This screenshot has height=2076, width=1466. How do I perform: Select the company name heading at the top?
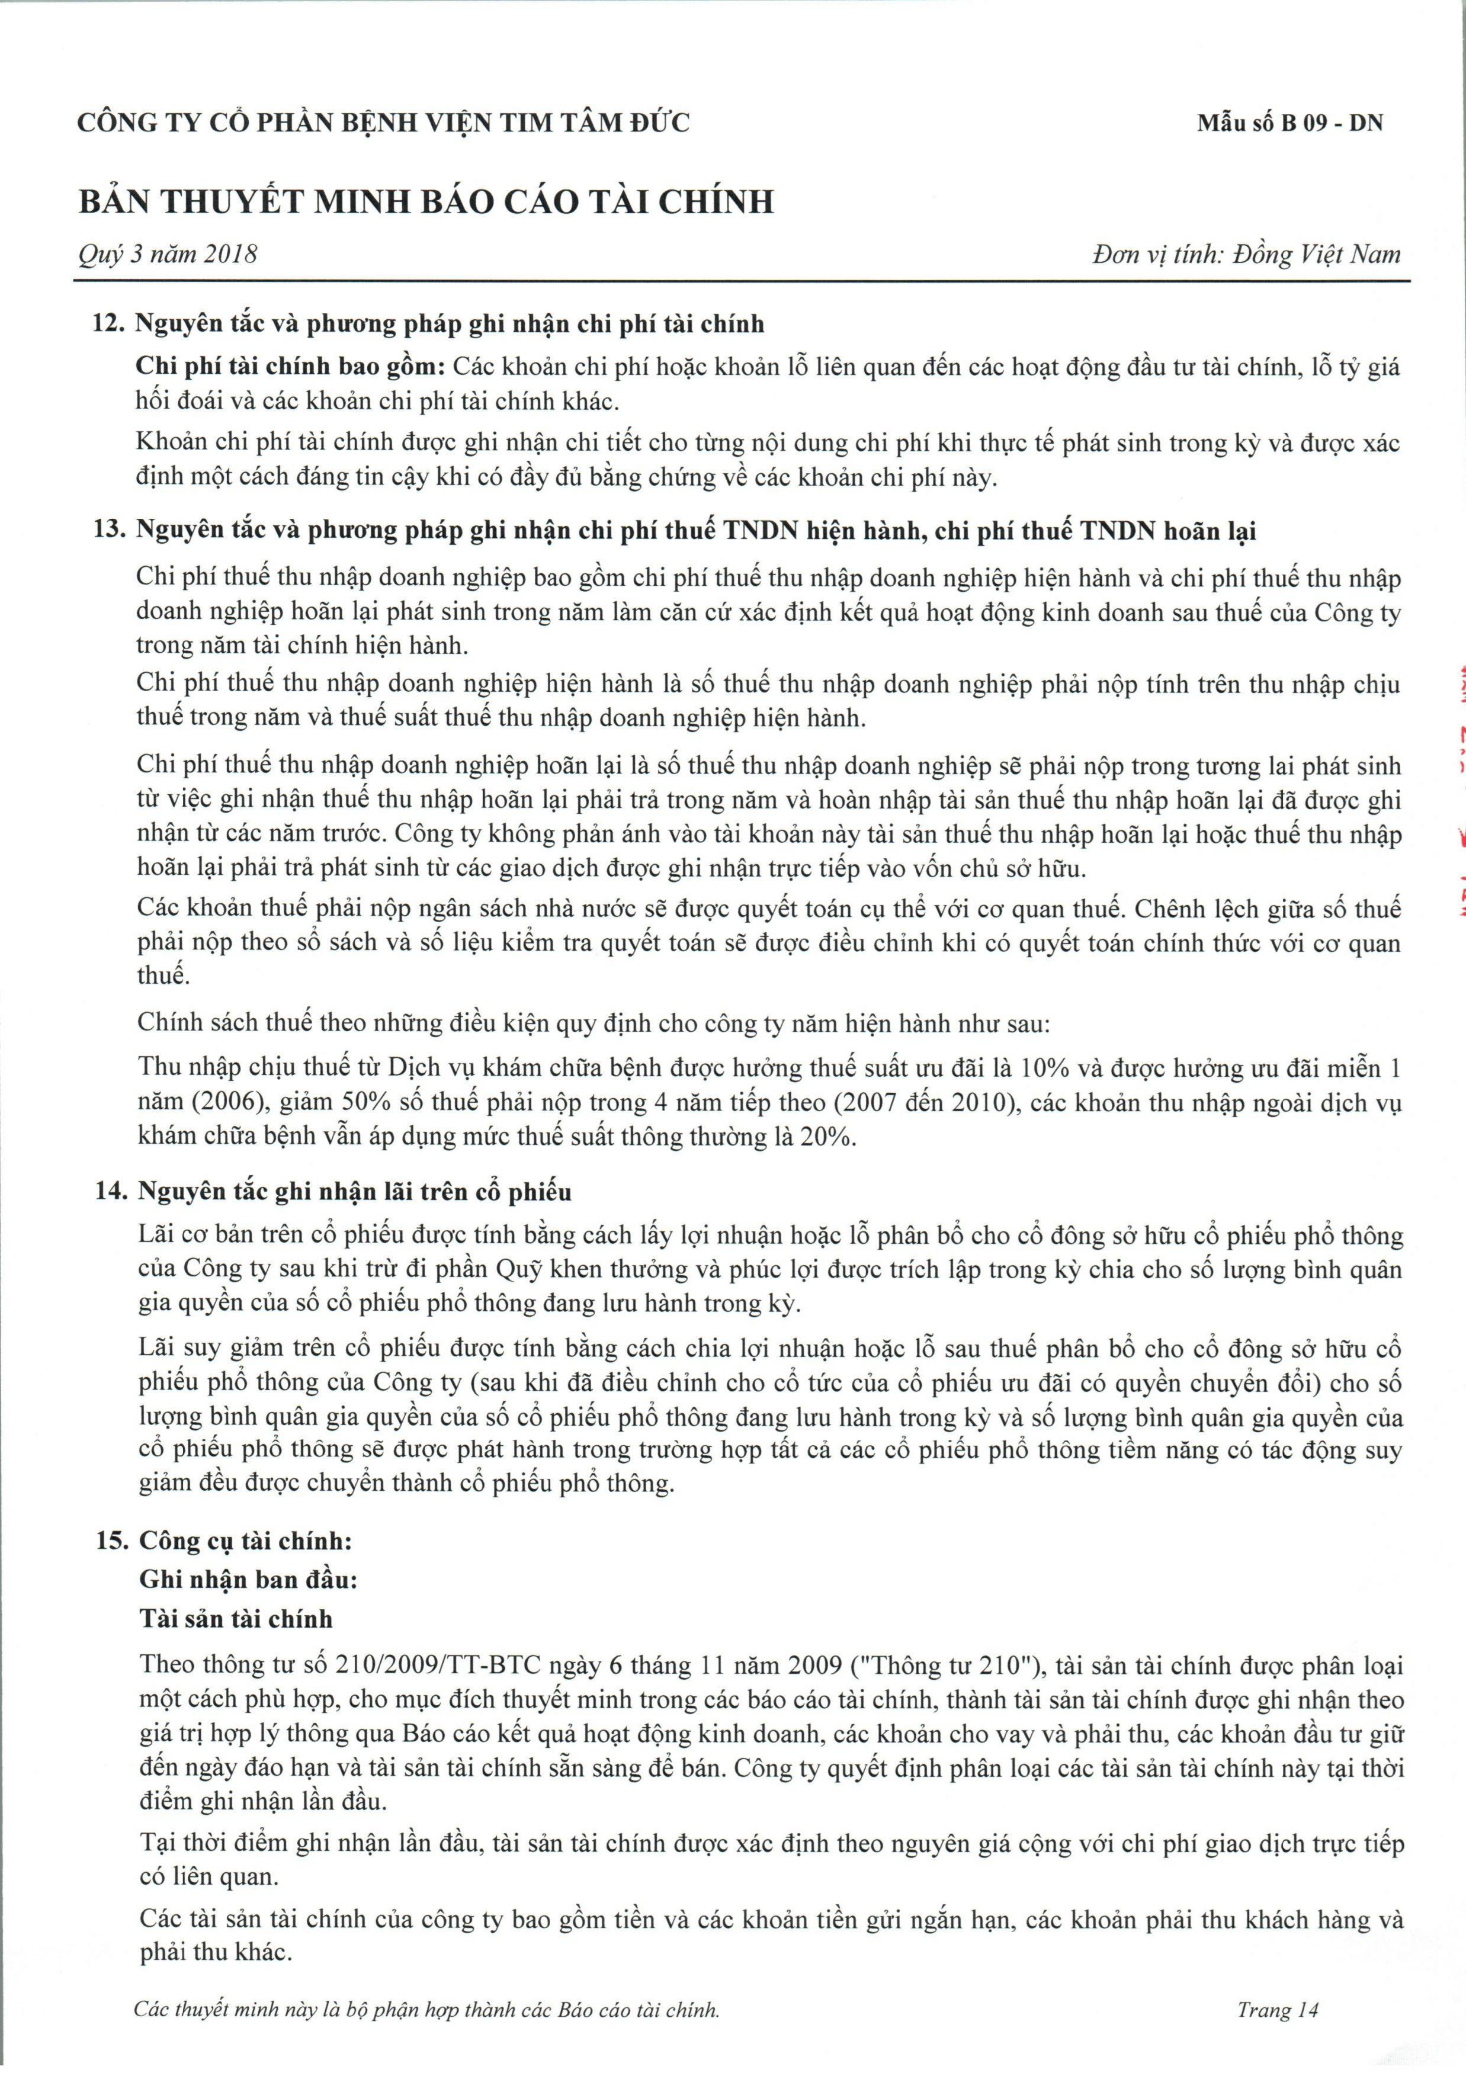tap(383, 123)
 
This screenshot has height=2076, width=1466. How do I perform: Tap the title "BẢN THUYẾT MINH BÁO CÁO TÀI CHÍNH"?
tap(426, 201)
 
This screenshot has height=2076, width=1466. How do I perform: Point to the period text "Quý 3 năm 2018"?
tap(167, 254)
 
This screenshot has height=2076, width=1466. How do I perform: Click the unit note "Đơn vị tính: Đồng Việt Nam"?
tap(1246, 254)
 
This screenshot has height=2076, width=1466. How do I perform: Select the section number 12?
tap(108, 324)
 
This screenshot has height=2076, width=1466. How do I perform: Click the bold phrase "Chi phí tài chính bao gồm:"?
tap(290, 368)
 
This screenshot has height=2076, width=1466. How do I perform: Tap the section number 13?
tap(110, 531)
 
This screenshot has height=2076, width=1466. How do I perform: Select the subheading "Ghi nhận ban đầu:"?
tap(249, 1580)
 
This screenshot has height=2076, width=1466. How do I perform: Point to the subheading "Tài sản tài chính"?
tap(236, 1619)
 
